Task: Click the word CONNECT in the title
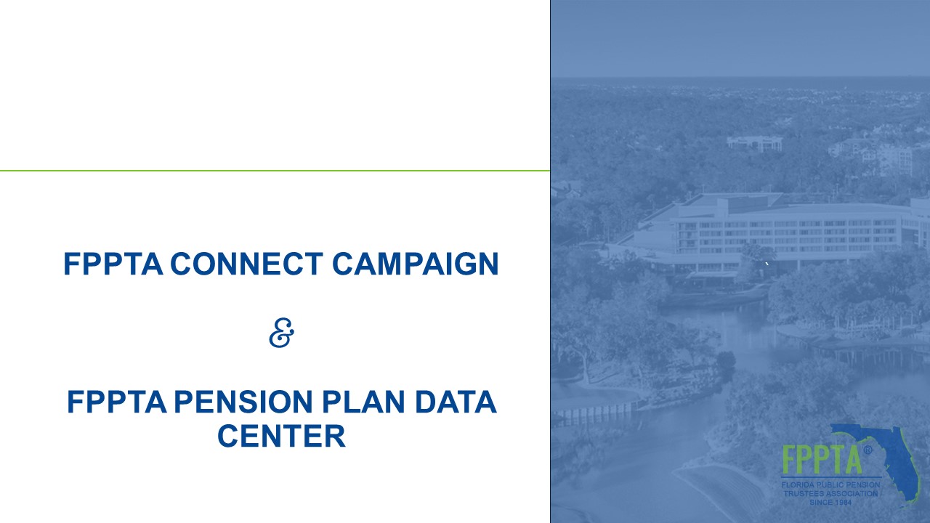(246, 264)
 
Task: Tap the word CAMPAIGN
(415, 264)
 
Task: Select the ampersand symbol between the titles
(281, 333)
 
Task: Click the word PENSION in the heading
(243, 402)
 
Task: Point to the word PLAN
(363, 402)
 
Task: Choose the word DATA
(456, 402)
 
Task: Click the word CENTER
(281, 435)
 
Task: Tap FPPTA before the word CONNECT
(113, 264)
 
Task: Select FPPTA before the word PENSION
(117, 402)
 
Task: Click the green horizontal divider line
(275, 171)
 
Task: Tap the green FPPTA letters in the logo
(822, 460)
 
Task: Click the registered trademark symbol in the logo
(868, 450)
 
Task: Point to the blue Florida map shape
(893, 461)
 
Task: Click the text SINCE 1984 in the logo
(830, 502)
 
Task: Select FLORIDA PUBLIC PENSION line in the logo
(830, 485)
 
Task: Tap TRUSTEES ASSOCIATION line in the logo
(830, 493)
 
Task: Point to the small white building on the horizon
(754, 143)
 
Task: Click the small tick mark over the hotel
(767, 264)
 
